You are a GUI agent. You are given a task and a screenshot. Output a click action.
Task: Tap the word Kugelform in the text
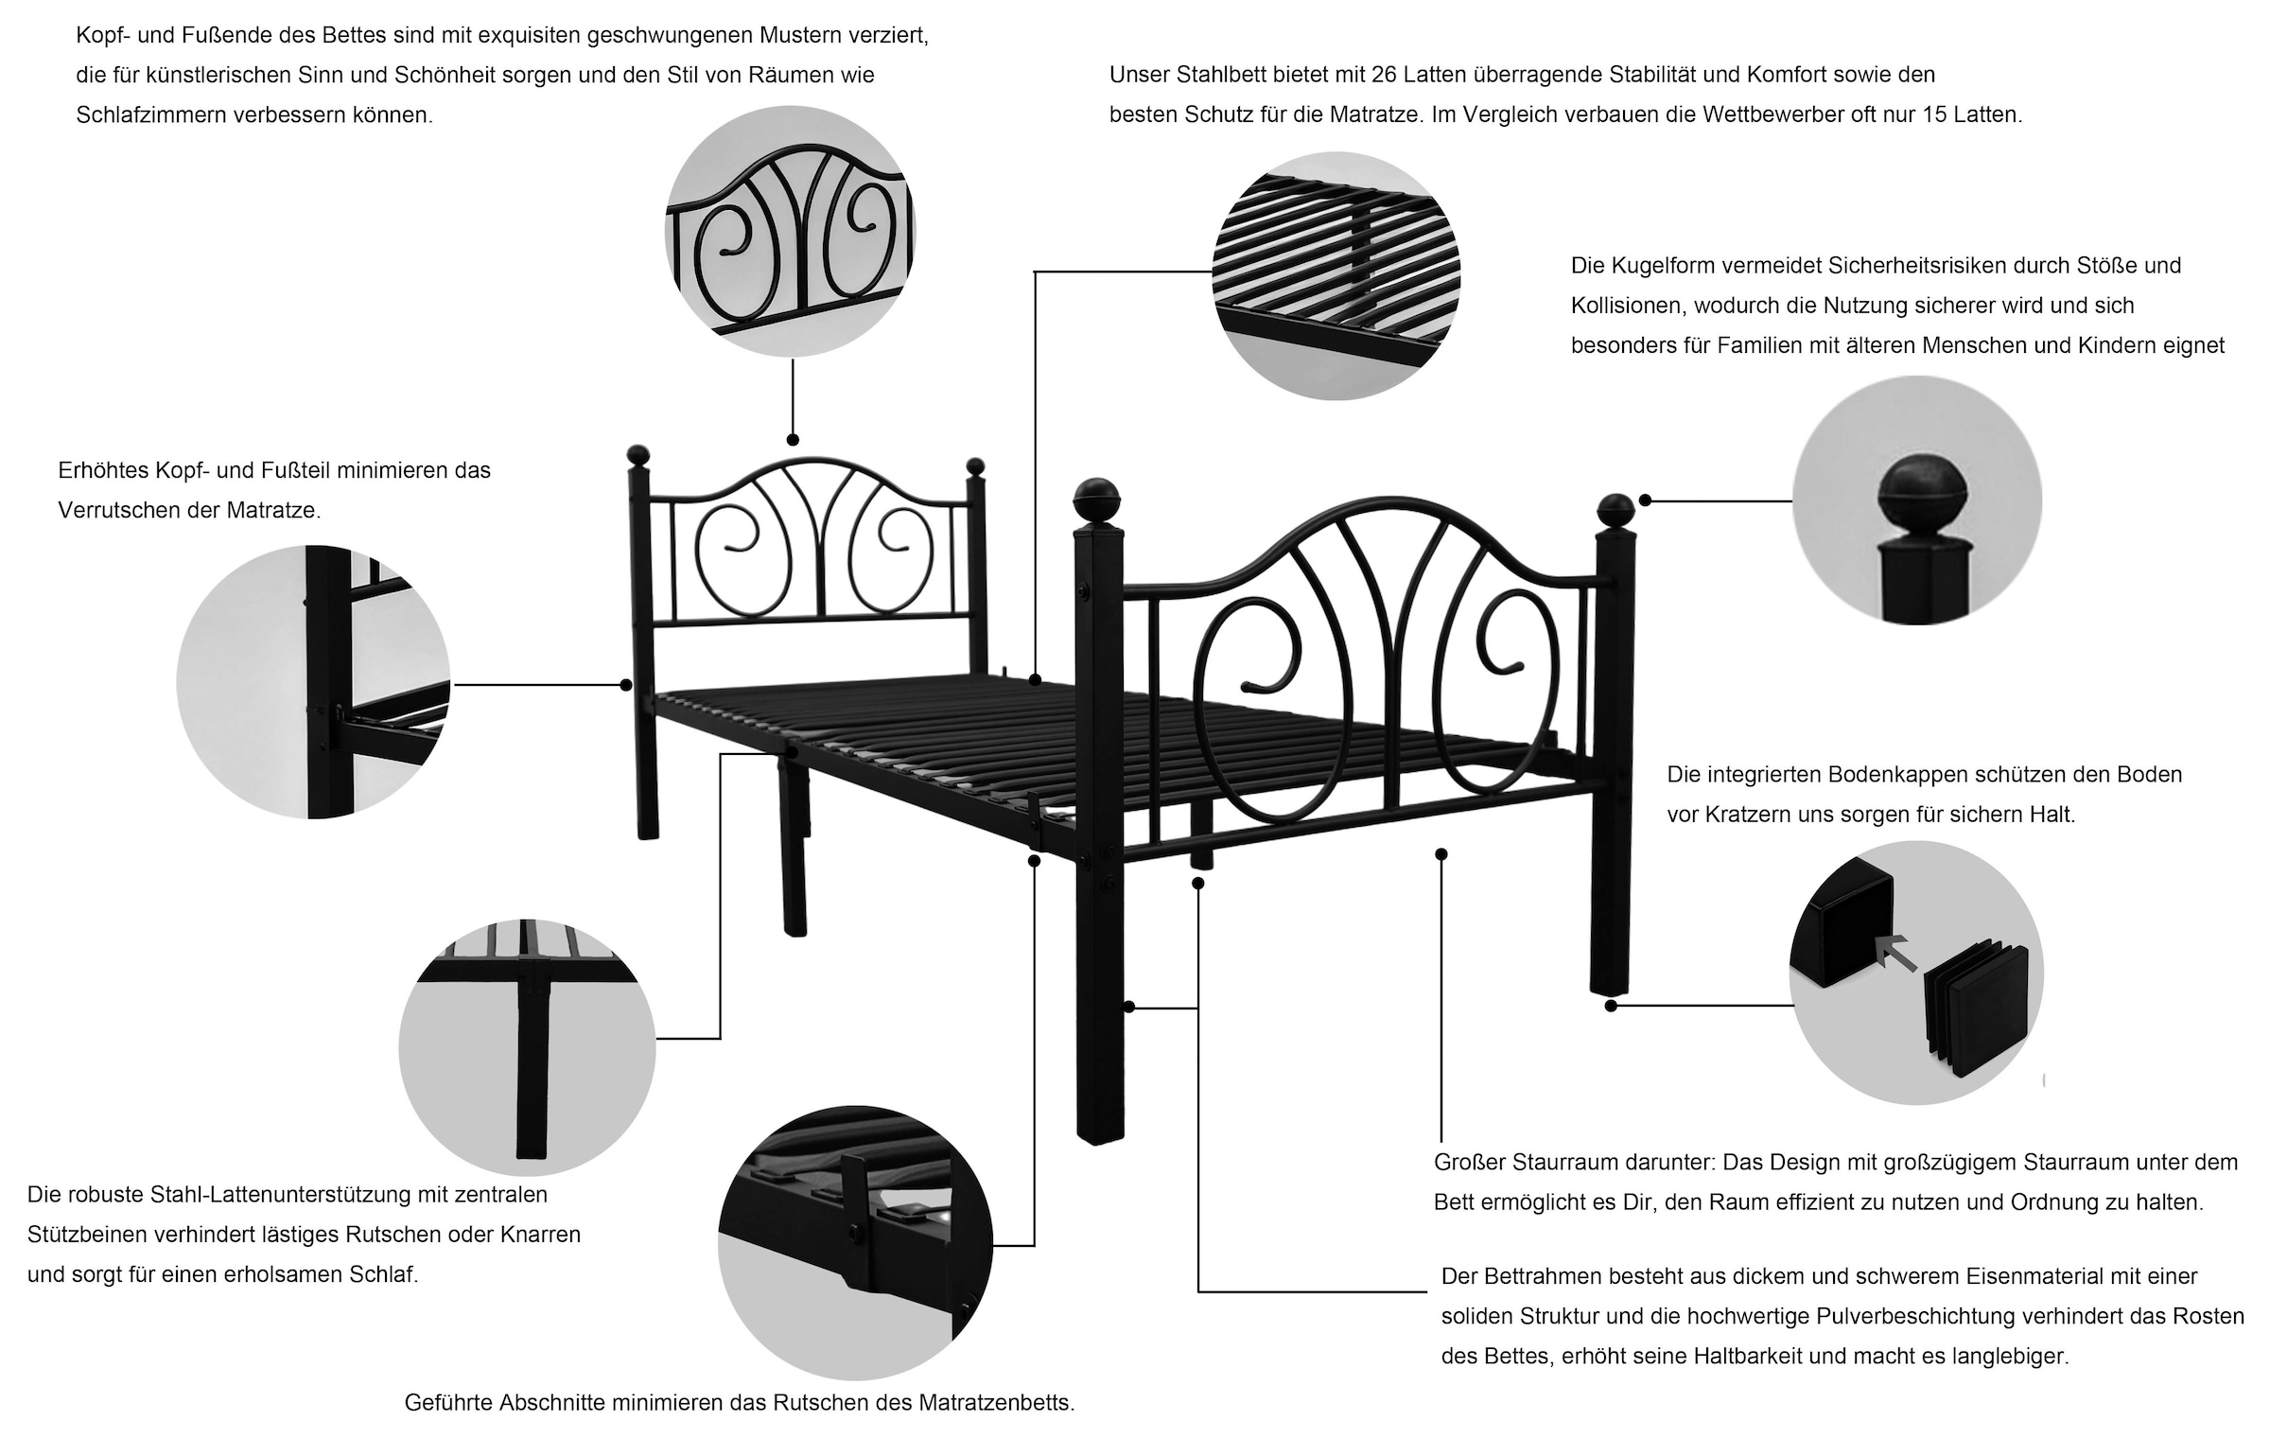(x=1664, y=266)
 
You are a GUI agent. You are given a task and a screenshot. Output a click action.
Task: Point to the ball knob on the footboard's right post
(x=1616, y=511)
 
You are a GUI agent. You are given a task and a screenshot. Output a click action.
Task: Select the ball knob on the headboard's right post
(x=975, y=466)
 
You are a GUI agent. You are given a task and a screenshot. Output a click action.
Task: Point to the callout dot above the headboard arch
(x=793, y=440)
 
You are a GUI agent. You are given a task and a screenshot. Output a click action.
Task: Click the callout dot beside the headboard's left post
(x=625, y=684)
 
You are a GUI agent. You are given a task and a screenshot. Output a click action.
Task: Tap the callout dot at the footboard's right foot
(x=1611, y=1006)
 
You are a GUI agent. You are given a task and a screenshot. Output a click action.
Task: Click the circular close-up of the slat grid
(x=1336, y=276)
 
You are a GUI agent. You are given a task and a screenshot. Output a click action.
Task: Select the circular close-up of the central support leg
(x=527, y=1048)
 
